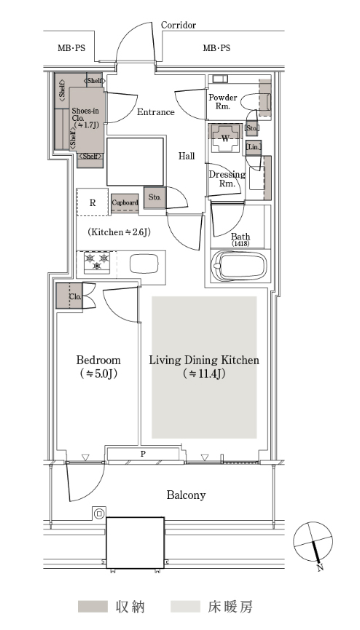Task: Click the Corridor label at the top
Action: [x=179, y=25]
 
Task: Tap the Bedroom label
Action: [x=98, y=360]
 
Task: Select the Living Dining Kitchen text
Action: [x=204, y=360]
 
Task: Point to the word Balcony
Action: [x=187, y=495]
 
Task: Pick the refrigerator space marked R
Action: [x=93, y=202]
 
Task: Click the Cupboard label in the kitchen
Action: [x=125, y=202]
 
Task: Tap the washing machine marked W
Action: [x=225, y=138]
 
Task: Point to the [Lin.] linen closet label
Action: [x=254, y=147]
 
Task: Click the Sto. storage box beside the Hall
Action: [x=155, y=197]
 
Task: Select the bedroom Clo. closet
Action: [x=69, y=296]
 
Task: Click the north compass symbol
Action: [x=313, y=543]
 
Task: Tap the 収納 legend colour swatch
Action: [x=93, y=606]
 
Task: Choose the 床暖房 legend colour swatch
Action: [x=185, y=606]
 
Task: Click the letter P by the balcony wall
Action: [x=143, y=454]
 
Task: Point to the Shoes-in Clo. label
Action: [x=85, y=118]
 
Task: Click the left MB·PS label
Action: [x=71, y=48]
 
